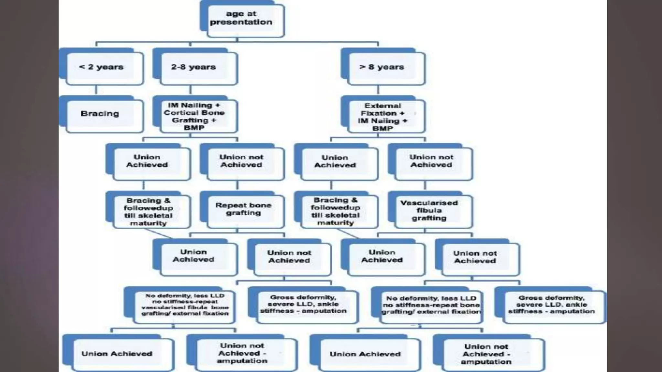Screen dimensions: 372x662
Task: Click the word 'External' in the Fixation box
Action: pos(383,106)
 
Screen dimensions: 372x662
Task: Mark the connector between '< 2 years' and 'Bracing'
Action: pos(96,90)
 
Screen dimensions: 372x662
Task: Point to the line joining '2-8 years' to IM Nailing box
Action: pos(190,90)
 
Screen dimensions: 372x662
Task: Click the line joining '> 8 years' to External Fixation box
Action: pos(378,90)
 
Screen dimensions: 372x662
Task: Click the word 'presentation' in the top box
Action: pos(241,22)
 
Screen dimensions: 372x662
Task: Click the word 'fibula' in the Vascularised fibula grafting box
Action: pos(429,211)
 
